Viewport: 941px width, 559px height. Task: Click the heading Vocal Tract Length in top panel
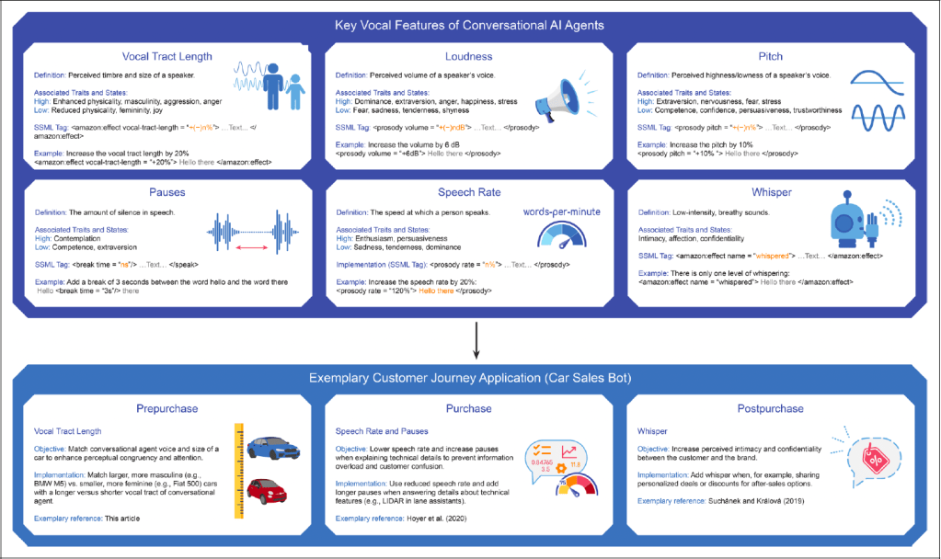[167, 56]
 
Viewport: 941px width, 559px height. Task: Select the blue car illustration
[273, 448]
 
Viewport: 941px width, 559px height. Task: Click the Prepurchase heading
[167, 407]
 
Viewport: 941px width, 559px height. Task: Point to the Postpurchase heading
[771, 407]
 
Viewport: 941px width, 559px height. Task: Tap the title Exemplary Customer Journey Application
[470, 376]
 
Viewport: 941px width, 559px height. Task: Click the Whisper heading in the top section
[770, 193]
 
